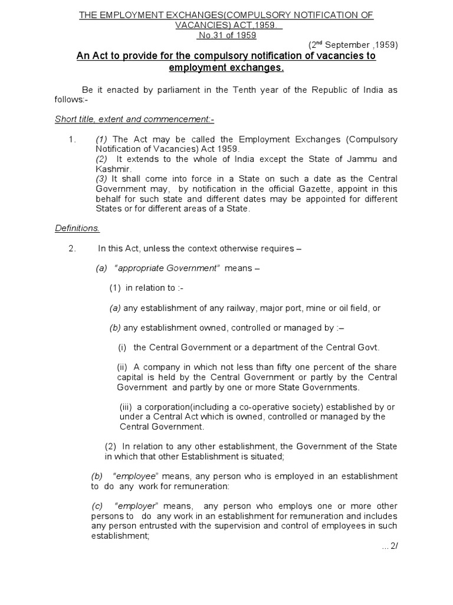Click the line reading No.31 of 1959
coord(226,35)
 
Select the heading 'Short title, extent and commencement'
coord(134,119)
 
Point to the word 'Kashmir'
coord(112,168)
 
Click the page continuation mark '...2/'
coord(390,547)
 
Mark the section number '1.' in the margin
coord(73,139)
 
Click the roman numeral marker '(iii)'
coord(126,407)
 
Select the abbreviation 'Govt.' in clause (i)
coord(367,347)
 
